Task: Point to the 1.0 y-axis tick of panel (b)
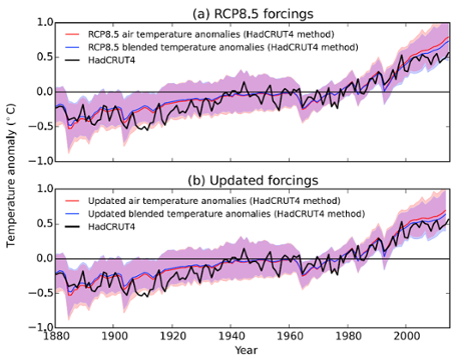(40, 190)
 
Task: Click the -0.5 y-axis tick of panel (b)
(38, 293)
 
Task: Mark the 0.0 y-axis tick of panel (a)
(40, 92)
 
